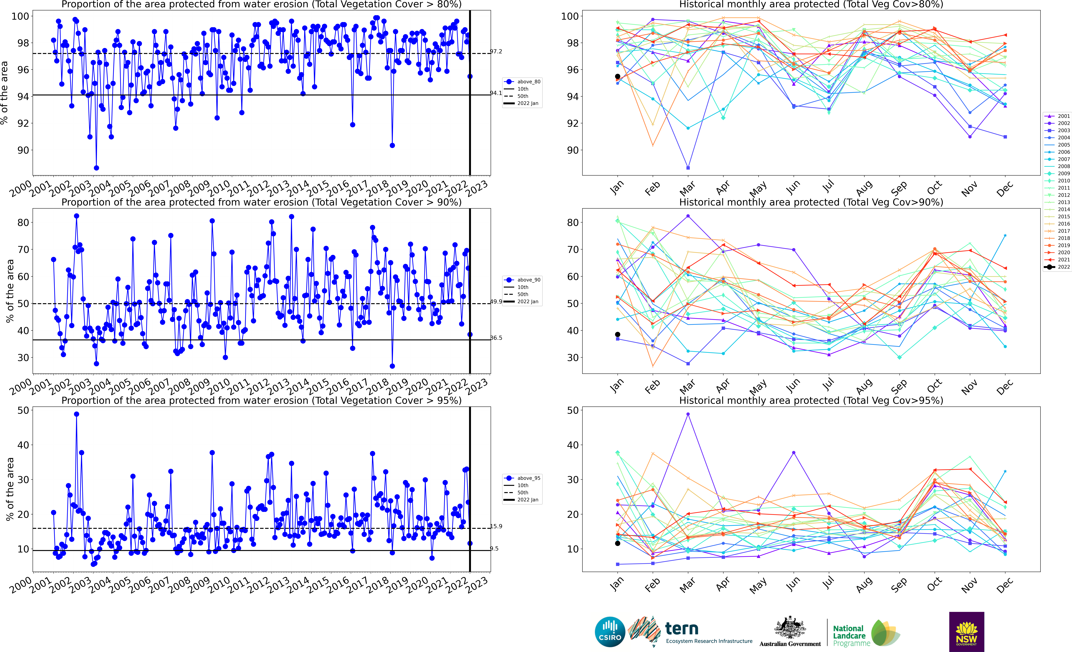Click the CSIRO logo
coord(610,632)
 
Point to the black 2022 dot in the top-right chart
coord(617,76)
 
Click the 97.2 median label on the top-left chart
coord(496,51)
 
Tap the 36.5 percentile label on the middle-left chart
coord(496,338)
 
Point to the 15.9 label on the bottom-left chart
coord(496,526)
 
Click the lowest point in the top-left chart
coord(96,168)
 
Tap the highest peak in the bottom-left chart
coord(77,414)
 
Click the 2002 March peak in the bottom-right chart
coord(688,414)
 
